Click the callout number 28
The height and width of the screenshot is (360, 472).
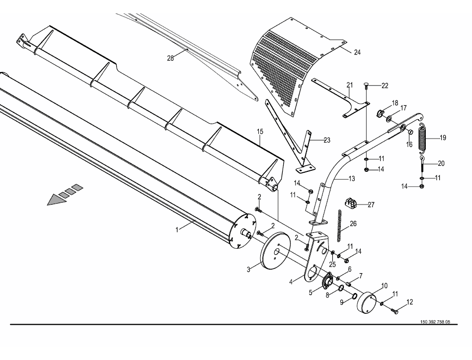[170, 58]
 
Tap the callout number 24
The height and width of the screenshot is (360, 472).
[357, 52]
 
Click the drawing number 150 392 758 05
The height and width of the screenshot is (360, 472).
[435, 322]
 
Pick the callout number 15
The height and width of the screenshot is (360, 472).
[259, 132]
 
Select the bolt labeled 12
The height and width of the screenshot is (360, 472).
[395, 311]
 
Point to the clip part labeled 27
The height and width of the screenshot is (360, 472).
[351, 203]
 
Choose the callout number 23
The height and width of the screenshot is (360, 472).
[326, 140]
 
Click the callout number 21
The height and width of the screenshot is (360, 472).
[349, 85]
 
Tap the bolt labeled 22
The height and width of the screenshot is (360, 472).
[366, 87]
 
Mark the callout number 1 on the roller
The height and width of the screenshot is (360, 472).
[177, 230]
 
